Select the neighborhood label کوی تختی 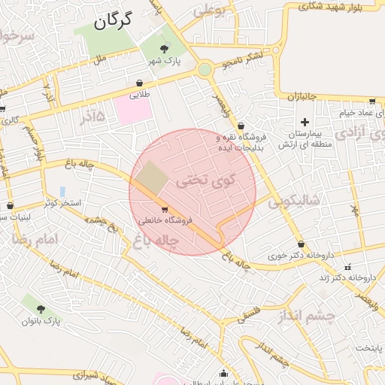[x=205, y=180]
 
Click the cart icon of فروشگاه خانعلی [x=165, y=210]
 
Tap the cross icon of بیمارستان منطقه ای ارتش [x=305, y=122]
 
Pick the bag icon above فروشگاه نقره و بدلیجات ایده [x=241, y=126]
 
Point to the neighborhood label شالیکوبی [x=294, y=201]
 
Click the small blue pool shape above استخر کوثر [x=62, y=192]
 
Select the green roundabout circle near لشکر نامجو [x=205, y=70]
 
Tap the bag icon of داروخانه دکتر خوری [x=302, y=244]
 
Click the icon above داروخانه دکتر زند [x=347, y=268]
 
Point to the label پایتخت [x=369, y=348]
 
